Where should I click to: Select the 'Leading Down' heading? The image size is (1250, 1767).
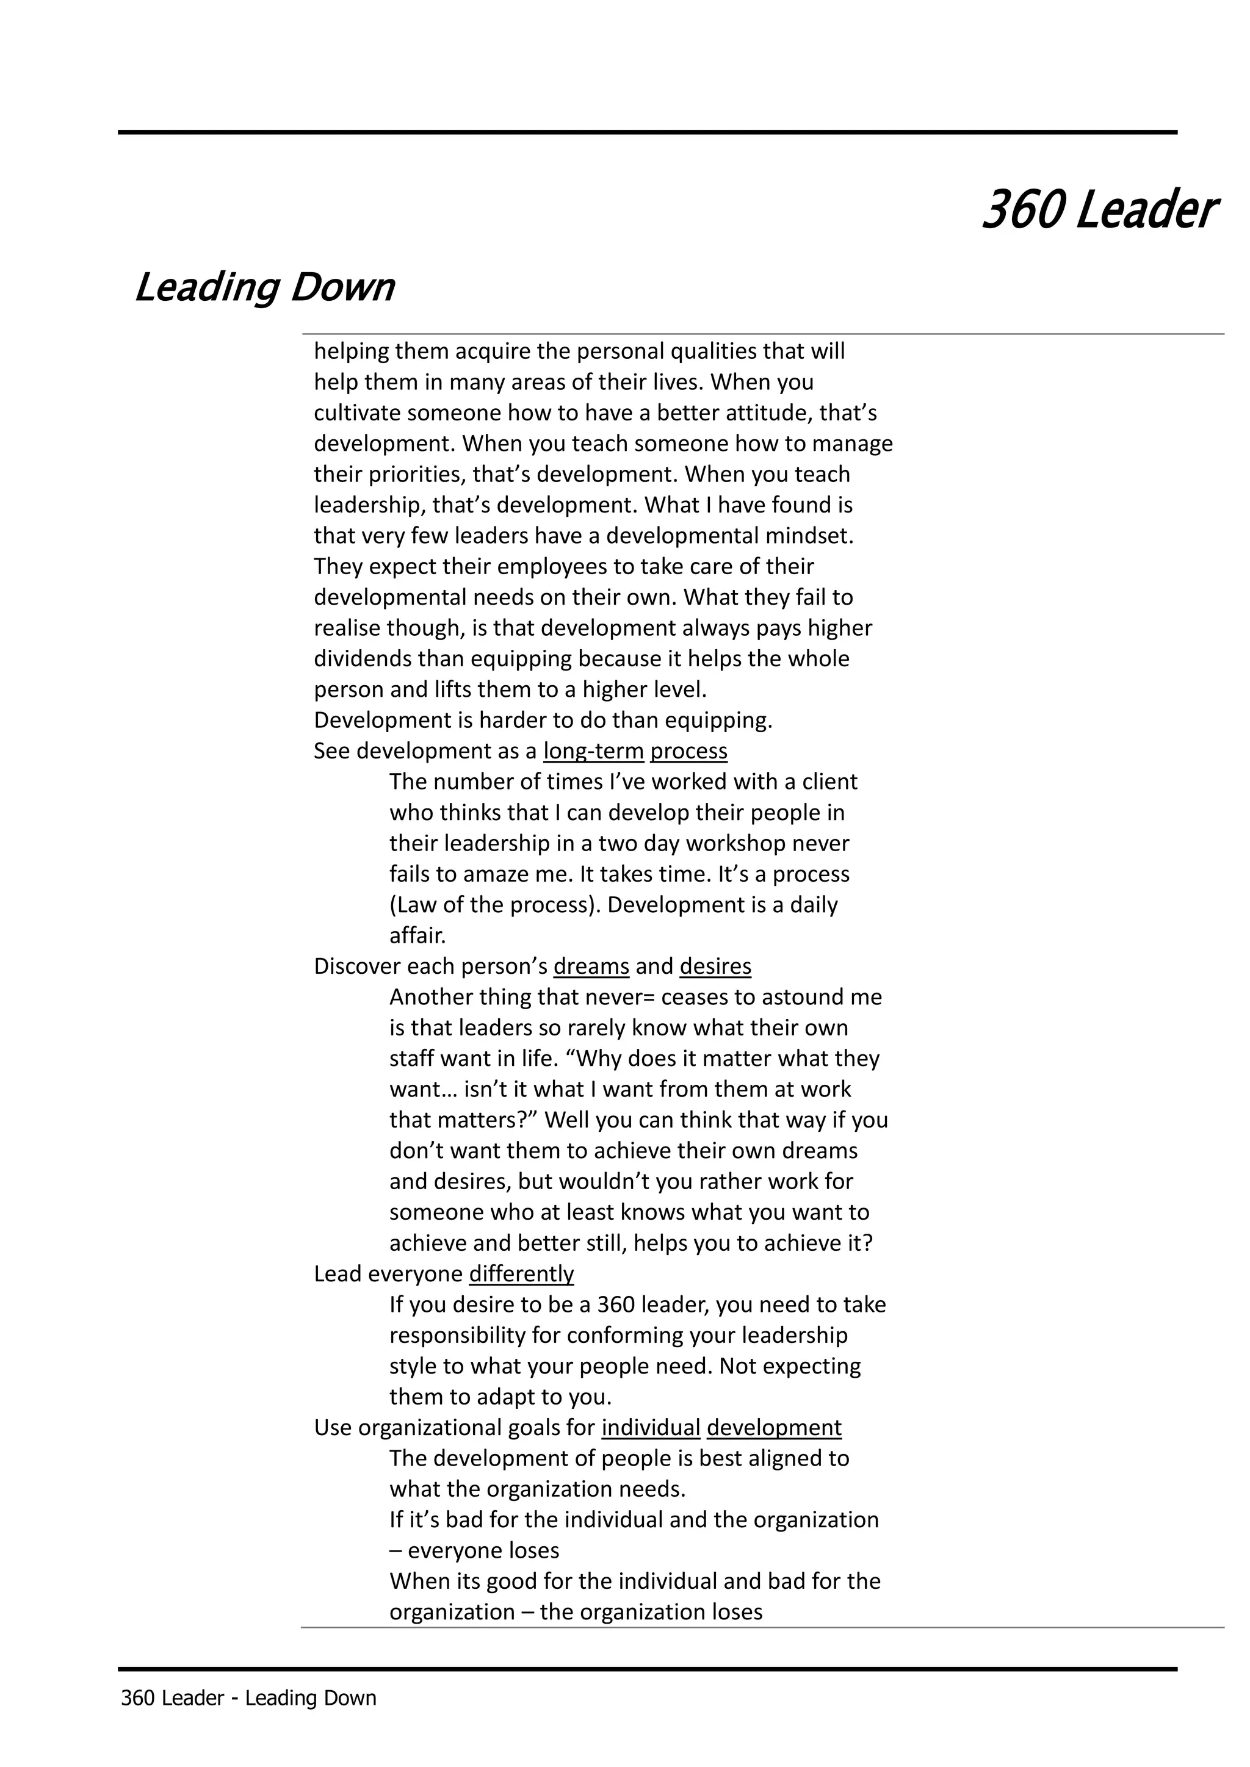coord(264,288)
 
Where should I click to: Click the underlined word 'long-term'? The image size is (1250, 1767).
coord(593,751)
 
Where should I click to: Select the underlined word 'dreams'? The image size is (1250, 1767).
coord(591,966)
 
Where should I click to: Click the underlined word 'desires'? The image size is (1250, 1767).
coord(715,966)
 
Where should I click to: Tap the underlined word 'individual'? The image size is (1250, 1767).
coord(651,1428)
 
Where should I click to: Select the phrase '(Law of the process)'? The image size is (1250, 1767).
coord(494,905)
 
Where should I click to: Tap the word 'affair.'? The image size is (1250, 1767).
coord(417,936)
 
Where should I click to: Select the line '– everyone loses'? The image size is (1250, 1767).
coord(474,1552)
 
